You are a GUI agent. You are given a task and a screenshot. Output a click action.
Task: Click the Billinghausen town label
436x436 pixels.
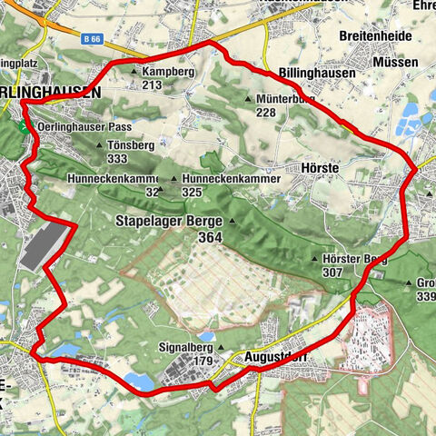tap(316, 73)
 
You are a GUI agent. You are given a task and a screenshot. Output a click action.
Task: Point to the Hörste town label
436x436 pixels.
tap(318, 168)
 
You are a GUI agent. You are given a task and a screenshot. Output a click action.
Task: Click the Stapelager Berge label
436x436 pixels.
tap(171, 221)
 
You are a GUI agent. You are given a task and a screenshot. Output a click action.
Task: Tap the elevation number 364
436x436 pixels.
tap(209, 237)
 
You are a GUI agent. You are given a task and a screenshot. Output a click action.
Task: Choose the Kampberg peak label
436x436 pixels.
tap(169, 71)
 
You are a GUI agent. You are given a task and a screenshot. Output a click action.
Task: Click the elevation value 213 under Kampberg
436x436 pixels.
tap(152, 85)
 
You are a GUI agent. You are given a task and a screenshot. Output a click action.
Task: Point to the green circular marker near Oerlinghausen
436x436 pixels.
tap(23, 127)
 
